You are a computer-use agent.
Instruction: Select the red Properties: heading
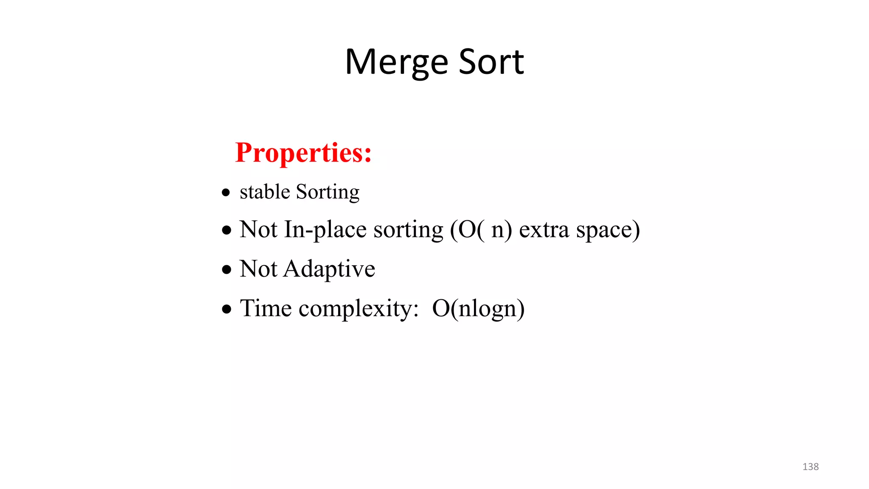[x=303, y=152]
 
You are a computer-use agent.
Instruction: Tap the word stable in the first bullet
[x=265, y=192]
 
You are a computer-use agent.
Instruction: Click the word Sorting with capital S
[x=328, y=192]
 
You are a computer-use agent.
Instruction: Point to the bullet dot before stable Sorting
[x=226, y=193]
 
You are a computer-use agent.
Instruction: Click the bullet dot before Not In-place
[x=227, y=230]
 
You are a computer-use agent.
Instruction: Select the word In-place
[x=325, y=230]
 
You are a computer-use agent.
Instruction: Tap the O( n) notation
[x=481, y=230]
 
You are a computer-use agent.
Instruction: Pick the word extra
[x=544, y=230]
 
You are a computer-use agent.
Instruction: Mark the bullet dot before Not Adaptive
[x=227, y=270]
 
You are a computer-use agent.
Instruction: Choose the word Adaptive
[x=329, y=269]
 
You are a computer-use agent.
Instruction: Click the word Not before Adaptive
[x=258, y=269]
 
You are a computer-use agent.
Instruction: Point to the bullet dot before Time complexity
[x=227, y=309]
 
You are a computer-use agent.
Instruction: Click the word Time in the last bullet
[x=266, y=308]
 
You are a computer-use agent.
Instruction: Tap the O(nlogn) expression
[x=478, y=309]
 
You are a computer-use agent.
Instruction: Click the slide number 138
[x=810, y=467]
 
